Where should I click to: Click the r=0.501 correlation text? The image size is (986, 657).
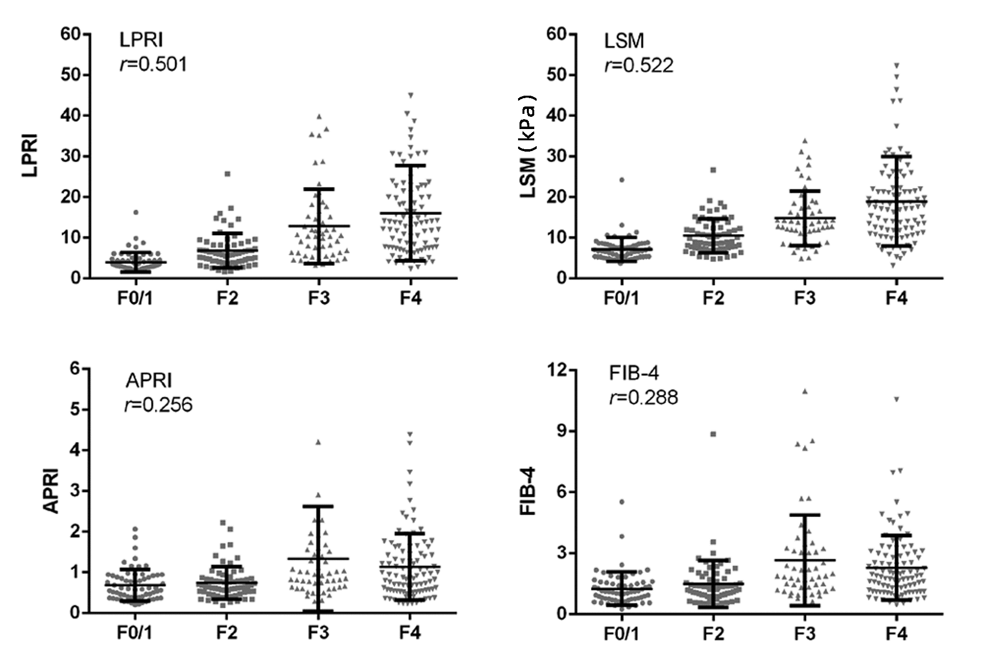pyautogui.click(x=153, y=64)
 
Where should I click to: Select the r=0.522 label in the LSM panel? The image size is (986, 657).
pyautogui.click(x=639, y=66)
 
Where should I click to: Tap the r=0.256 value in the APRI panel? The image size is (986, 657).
pyautogui.click(x=158, y=405)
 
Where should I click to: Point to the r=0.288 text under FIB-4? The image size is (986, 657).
pyautogui.click(x=643, y=397)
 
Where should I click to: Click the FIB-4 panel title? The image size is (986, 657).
pyautogui.click(x=634, y=373)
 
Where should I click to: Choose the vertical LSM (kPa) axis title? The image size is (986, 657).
pyautogui.click(x=528, y=147)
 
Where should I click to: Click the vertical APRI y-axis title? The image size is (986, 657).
pyautogui.click(x=51, y=491)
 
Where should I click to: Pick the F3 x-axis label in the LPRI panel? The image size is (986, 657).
pyautogui.click(x=319, y=298)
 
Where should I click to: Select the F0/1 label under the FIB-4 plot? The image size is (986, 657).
pyautogui.click(x=621, y=633)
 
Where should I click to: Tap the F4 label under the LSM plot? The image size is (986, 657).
pyautogui.click(x=896, y=298)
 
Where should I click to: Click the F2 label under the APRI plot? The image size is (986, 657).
pyautogui.click(x=227, y=633)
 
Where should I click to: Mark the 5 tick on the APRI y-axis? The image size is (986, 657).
pyautogui.click(x=75, y=409)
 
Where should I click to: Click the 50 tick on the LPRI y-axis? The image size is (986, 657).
pyautogui.click(x=70, y=75)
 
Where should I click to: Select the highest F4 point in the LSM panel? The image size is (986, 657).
pyautogui.click(x=897, y=65)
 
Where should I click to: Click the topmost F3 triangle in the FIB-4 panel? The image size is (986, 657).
pyautogui.click(x=805, y=391)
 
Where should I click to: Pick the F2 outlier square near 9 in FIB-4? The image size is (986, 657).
pyautogui.click(x=713, y=434)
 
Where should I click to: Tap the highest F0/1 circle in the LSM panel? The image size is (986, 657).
pyautogui.click(x=622, y=180)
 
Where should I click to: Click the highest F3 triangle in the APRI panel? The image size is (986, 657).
pyautogui.click(x=318, y=442)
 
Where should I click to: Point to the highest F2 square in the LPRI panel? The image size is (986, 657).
pyautogui.click(x=227, y=174)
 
